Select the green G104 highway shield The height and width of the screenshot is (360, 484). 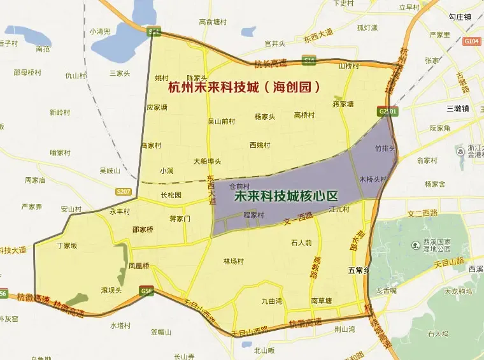pyautogui.click(x=472, y=41)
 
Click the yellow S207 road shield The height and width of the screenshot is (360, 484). pyautogui.click(x=124, y=191)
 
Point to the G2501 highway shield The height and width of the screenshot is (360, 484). pyautogui.click(x=388, y=111)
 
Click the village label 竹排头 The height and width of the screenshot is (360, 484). pyautogui.click(x=386, y=148)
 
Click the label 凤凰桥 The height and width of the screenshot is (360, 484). pyautogui.click(x=139, y=266)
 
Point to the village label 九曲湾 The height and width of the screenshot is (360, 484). pyautogui.click(x=271, y=301)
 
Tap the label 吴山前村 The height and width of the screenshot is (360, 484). pyautogui.click(x=222, y=120)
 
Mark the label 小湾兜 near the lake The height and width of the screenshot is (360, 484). pyautogui.click(x=100, y=31)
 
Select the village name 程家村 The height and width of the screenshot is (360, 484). pyautogui.click(x=254, y=215)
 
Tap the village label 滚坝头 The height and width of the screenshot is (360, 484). pyautogui.click(x=111, y=290)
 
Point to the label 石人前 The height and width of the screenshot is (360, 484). pyautogui.click(x=301, y=242)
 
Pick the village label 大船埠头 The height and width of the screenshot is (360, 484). pyautogui.click(x=207, y=161)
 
